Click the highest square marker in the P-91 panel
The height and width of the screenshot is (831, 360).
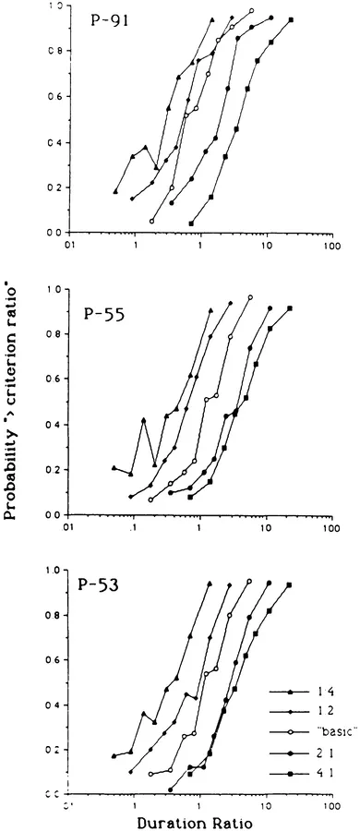(291, 19)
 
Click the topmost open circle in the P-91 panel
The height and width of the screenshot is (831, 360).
(251, 11)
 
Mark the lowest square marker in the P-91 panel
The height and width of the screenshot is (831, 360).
(191, 223)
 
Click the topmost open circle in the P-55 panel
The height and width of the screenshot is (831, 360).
(250, 297)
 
